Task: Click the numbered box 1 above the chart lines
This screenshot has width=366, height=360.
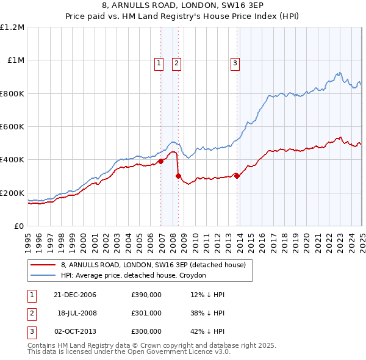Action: pyautogui.click(x=159, y=62)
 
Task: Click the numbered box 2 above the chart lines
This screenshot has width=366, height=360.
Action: pyautogui.click(x=176, y=62)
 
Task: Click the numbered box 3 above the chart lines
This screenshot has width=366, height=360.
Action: pyautogui.click(x=235, y=62)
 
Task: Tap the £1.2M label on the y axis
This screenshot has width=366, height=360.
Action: pyautogui.click(x=12, y=27)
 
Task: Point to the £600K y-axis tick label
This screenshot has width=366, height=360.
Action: pyautogui.click(x=12, y=127)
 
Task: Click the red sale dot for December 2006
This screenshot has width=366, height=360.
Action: pyautogui.click(x=161, y=162)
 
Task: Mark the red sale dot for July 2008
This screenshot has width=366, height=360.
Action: pyautogui.click(x=179, y=176)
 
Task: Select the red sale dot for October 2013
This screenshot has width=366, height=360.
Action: pyautogui.click(x=237, y=176)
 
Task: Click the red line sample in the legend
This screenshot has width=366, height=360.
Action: pyautogui.click(x=43, y=265)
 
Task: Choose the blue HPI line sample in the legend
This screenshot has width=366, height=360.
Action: pyautogui.click(x=43, y=275)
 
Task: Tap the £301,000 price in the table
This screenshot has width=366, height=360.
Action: pyautogui.click(x=146, y=314)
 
